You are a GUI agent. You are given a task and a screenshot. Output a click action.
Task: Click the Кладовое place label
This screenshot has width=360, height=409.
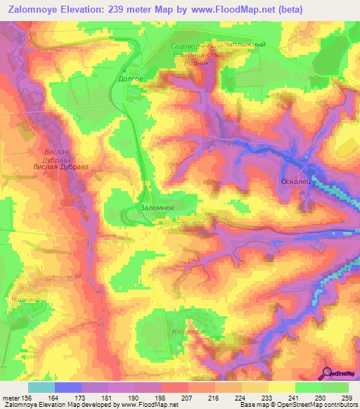(188, 330)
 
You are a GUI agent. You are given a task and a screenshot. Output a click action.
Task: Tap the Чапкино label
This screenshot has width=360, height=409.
(27, 300)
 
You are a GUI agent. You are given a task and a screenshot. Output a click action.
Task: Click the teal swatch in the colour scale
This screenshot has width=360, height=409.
(41, 387)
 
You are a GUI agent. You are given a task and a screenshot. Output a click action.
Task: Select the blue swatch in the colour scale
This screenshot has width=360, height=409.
(67, 387)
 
